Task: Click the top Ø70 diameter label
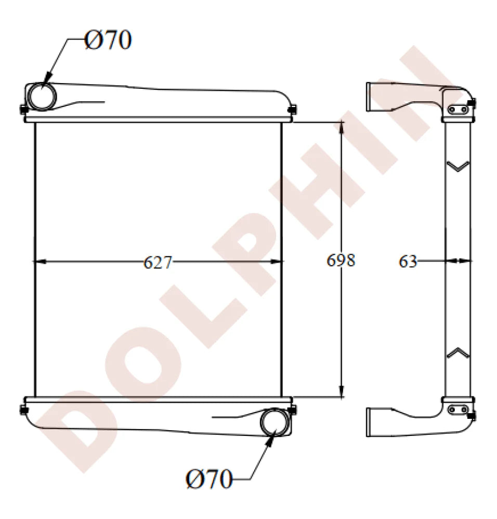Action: (x=108, y=40)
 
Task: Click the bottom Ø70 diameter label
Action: (x=208, y=480)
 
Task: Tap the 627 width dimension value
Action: (x=158, y=263)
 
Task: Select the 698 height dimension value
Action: (x=341, y=260)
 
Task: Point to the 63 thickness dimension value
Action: (x=408, y=262)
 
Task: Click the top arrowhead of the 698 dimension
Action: (x=342, y=128)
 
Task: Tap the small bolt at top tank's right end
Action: (x=293, y=110)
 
